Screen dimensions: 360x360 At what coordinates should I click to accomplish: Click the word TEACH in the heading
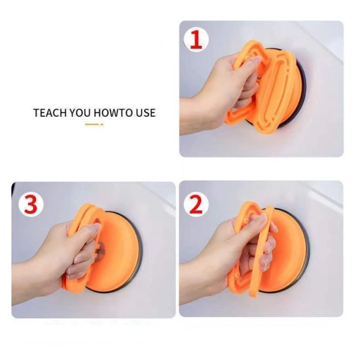click(50, 113)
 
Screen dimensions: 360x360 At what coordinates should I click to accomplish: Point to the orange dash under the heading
click(94, 124)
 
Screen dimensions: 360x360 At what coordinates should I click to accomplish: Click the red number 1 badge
click(196, 40)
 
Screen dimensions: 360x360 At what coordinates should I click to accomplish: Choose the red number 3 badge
click(31, 204)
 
